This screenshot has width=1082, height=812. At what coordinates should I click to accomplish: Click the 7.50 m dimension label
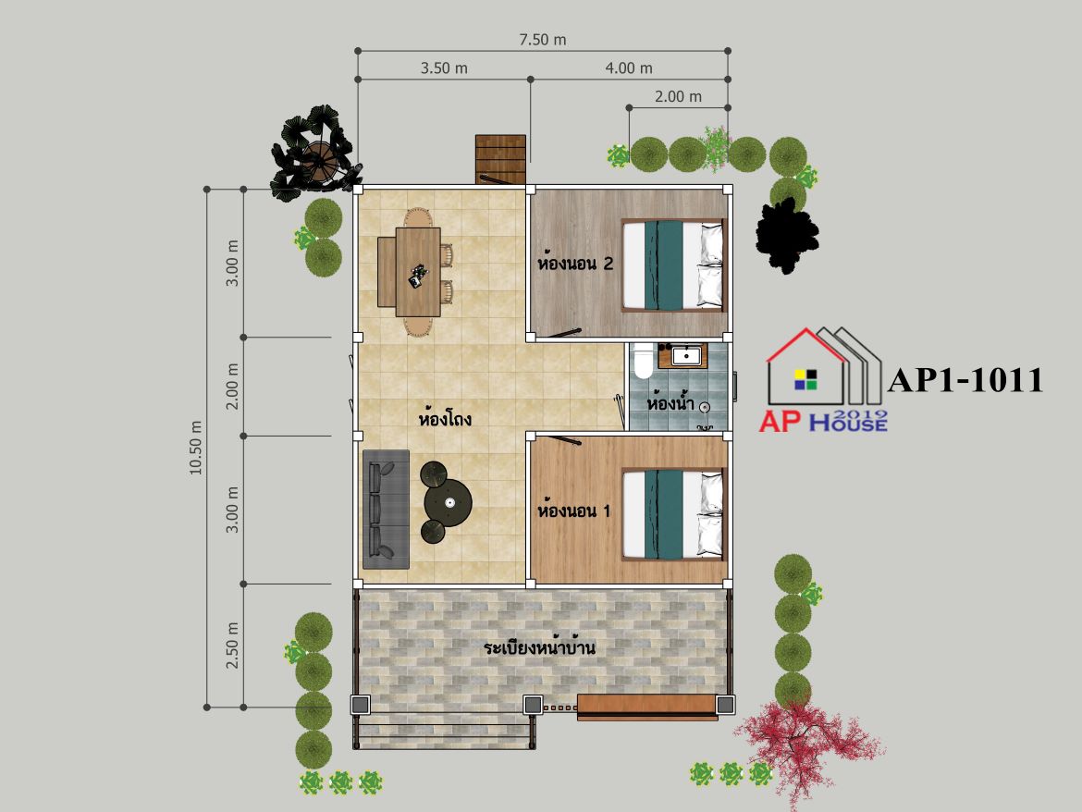coord(542,40)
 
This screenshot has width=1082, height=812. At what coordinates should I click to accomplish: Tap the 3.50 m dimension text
coord(444,68)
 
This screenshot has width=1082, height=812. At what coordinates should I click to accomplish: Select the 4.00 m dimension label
coord(629,68)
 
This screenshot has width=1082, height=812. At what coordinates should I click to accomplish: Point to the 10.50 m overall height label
coord(196,447)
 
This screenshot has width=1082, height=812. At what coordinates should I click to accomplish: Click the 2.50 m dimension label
coord(232,645)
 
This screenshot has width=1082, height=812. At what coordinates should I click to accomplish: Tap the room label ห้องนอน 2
coord(575,264)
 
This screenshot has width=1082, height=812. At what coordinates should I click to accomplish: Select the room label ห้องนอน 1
coord(573,511)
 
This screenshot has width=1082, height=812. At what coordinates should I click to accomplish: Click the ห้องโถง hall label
coord(445,419)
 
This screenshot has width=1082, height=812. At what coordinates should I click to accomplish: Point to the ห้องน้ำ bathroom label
coord(670,402)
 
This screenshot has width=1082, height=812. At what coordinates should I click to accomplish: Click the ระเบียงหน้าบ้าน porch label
coord(539,647)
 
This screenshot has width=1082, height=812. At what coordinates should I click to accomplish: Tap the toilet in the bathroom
coord(643,361)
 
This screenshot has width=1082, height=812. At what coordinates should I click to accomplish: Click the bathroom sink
coord(686,356)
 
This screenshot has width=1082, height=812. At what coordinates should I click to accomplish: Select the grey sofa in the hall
coord(386,510)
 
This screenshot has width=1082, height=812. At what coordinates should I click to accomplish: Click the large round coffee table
coord(448,502)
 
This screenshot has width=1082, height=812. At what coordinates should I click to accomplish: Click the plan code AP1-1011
coord(965,380)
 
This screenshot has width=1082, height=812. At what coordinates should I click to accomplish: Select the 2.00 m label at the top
coord(678,96)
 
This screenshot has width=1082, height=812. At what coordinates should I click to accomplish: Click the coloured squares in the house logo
coord(805,379)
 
